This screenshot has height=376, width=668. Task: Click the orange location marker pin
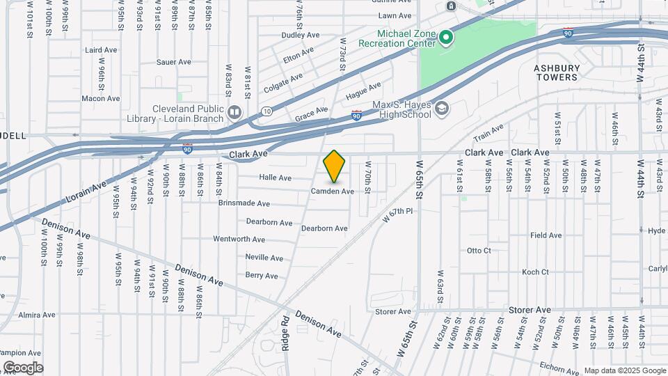335,166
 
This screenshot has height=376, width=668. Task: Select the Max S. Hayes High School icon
442,109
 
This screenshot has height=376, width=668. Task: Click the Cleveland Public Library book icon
234,112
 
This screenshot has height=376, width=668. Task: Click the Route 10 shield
267,111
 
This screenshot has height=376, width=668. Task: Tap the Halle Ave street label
275,178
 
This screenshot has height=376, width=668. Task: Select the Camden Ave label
332,191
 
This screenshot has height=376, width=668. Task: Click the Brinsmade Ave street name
244,203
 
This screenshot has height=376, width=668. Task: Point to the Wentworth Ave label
239,239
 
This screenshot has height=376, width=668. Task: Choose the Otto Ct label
479,251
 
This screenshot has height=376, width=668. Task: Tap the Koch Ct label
535,272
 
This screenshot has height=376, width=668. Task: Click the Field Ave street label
546,235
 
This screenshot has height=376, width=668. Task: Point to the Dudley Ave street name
300,35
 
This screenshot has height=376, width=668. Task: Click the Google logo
23,368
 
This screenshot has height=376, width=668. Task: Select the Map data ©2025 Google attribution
624,370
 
